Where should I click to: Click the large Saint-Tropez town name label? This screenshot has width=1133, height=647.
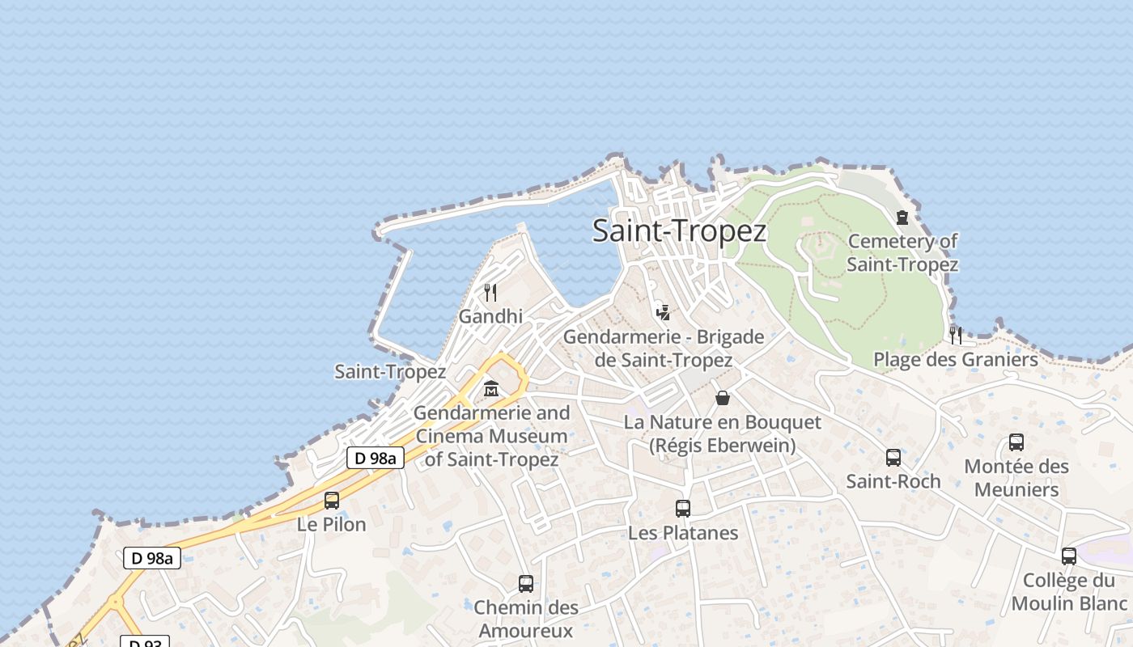(x=679, y=231)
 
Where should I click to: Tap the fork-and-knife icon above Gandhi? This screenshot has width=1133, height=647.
(x=490, y=292)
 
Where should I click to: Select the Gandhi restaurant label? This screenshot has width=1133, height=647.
(x=490, y=316)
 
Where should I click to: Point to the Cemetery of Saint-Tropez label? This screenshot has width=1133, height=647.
(x=902, y=252)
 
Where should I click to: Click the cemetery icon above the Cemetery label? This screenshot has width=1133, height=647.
(x=902, y=217)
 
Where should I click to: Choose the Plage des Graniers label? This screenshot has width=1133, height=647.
(x=955, y=359)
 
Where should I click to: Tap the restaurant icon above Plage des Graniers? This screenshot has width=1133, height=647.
(x=956, y=335)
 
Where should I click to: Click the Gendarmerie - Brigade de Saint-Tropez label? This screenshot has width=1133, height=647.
(x=664, y=349)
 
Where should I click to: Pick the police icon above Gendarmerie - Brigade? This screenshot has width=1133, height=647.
(x=663, y=311)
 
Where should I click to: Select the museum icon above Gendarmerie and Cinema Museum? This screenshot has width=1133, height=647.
(x=490, y=389)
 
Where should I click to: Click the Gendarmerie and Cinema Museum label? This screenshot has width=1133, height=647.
(x=492, y=436)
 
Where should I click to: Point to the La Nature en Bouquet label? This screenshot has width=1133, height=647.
(x=722, y=433)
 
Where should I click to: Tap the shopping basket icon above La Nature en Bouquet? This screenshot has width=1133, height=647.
(x=723, y=398)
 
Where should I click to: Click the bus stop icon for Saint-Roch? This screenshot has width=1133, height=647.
(x=893, y=458)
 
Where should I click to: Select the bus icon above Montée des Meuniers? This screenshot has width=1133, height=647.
(x=1016, y=442)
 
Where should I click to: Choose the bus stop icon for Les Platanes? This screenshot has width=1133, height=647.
(x=683, y=509)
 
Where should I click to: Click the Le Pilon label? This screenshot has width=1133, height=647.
(x=332, y=524)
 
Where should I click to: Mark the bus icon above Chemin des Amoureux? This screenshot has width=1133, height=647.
(x=526, y=583)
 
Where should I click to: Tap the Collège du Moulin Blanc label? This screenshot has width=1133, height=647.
(x=1068, y=592)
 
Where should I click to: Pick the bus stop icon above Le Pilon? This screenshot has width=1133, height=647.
(x=332, y=500)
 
